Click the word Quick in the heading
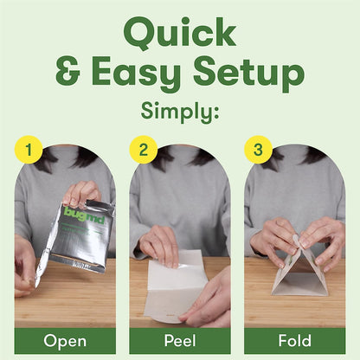(180, 33)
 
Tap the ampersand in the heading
(67, 71)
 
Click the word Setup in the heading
(248, 73)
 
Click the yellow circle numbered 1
(29, 150)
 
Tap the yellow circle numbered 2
(144, 150)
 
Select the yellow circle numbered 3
(258, 150)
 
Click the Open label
(65, 341)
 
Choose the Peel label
(180, 341)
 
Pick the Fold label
(295, 341)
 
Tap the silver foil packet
(82, 236)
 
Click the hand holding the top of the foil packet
(82, 193)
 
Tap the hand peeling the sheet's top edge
(160, 245)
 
